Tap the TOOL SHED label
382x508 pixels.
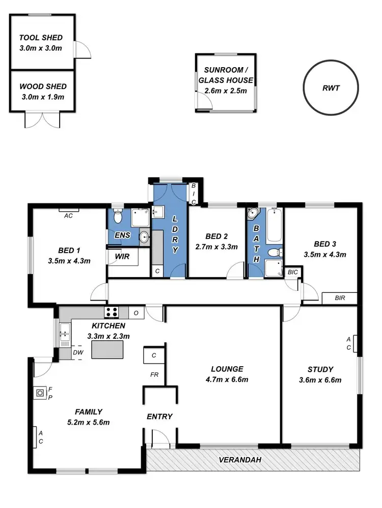(x=41, y=38)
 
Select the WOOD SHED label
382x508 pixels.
(x=43, y=87)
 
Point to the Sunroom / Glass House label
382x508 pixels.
(x=225, y=75)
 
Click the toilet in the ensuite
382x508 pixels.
(x=118, y=217)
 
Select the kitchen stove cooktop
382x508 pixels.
(x=111, y=312)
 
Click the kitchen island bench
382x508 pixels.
(x=108, y=349)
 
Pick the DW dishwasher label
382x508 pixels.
(x=78, y=352)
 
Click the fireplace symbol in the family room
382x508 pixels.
(x=40, y=393)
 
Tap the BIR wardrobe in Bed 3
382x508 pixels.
(x=340, y=298)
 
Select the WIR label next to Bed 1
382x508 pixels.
(x=122, y=257)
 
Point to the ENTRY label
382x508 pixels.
(x=159, y=416)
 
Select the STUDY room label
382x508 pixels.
(x=320, y=369)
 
